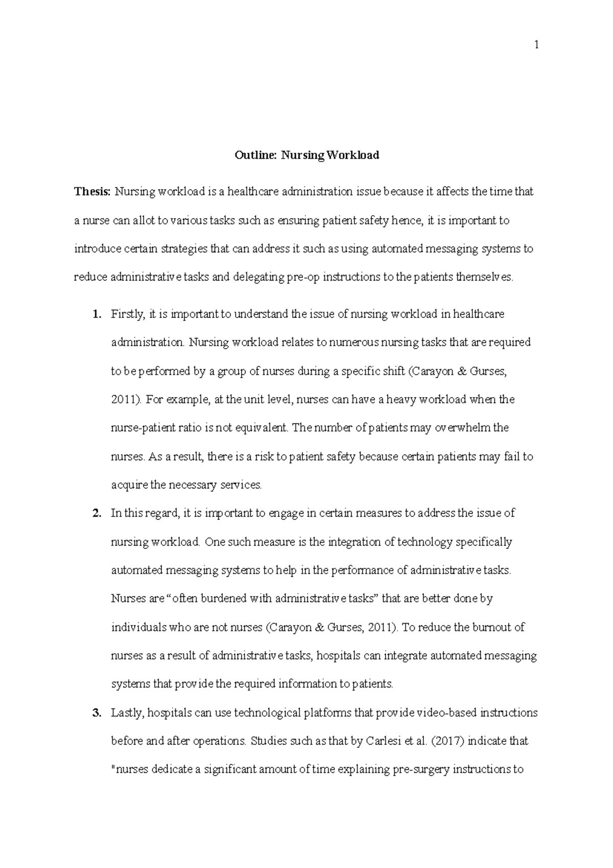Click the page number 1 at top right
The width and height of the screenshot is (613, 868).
tap(536, 45)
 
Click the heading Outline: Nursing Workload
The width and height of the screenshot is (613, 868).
tap(306, 155)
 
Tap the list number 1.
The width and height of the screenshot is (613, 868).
tap(97, 314)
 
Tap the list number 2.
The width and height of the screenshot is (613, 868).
tap(97, 514)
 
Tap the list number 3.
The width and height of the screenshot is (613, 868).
tap(97, 713)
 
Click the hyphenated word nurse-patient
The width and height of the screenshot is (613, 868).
tap(143, 428)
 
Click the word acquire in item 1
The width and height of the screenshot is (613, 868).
tap(129, 486)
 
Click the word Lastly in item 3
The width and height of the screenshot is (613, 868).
tap(127, 713)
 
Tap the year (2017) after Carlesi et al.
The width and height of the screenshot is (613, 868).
tap(447, 742)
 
